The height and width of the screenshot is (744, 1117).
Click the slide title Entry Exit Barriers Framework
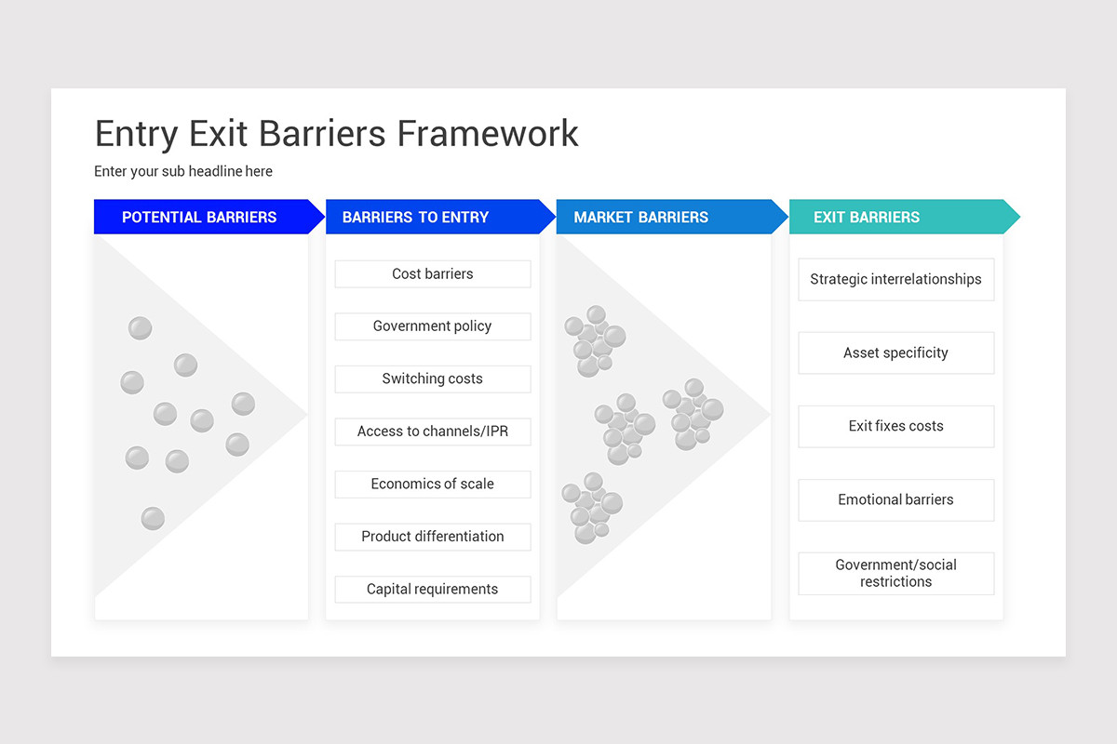pos(336,134)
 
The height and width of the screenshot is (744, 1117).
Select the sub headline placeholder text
pos(183,171)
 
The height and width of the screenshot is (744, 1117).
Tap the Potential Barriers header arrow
pos(199,217)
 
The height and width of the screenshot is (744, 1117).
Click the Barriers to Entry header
pos(415,217)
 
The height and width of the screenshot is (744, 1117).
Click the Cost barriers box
pos(432,274)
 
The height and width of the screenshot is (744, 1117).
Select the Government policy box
pos(432,326)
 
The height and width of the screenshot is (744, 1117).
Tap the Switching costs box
pos(432,379)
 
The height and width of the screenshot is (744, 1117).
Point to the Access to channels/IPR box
pos(432,432)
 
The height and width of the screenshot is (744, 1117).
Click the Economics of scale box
pos(432,485)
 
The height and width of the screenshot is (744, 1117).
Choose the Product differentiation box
pos(432,537)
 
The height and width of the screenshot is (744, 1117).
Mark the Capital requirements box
pos(432,590)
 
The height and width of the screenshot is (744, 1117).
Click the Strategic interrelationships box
pos(895,279)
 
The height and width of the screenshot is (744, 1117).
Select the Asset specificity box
pos(895,353)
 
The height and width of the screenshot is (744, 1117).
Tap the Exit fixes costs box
pos(895,426)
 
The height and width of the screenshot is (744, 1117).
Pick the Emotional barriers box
pos(895,499)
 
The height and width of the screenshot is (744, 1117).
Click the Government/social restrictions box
pos(895,573)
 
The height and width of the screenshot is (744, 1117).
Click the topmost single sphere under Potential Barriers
pos(140,328)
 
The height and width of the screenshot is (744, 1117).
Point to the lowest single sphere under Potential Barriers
pos(153,519)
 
